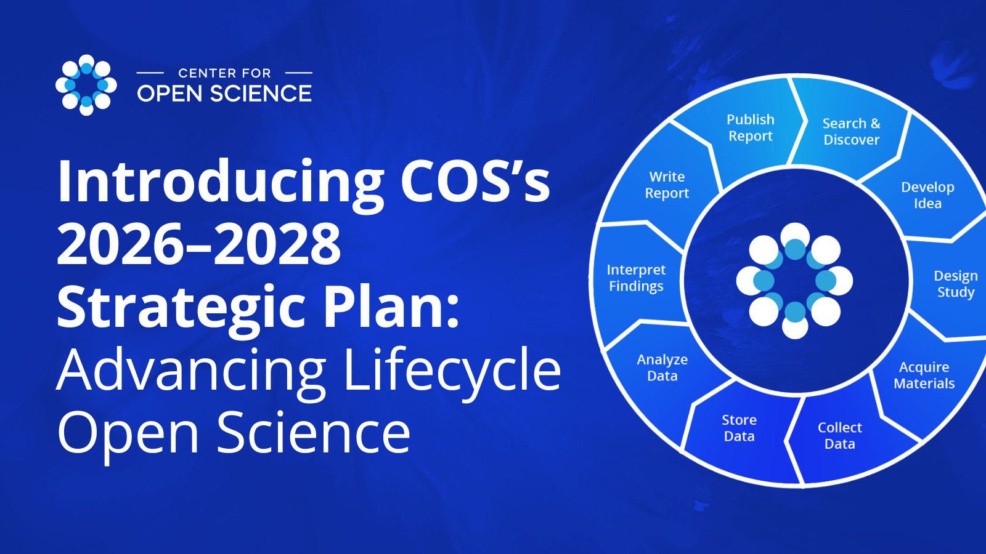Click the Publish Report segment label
(751, 127)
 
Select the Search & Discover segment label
(851, 132)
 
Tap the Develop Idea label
(927, 195)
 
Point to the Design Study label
(956, 284)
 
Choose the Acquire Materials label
(924, 375)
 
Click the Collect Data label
(839, 436)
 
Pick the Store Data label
(739, 428)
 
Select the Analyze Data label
(662, 367)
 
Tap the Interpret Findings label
(636, 278)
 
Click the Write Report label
(667, 185)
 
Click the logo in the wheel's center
(794, 281)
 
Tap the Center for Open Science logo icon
(86, 85)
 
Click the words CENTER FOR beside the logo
(224, 73)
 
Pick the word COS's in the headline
(475, 181)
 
